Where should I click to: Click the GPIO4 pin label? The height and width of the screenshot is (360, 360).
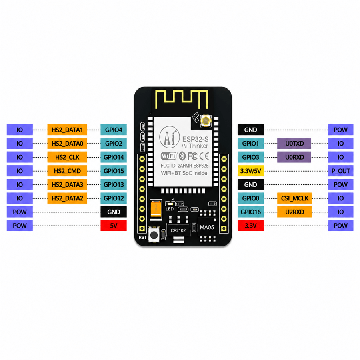(114, 130)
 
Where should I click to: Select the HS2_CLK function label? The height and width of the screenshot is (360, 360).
(67, 157)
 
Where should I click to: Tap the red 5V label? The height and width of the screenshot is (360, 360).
(114, 226)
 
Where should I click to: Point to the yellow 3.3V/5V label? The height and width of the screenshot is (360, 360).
(250, 171)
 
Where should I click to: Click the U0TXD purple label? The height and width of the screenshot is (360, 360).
(294, 144)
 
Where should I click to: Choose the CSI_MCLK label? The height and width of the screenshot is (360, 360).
(294, 198)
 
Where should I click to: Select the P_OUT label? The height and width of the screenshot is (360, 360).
(340, 171)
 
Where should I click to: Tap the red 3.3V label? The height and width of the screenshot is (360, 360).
(250, 226)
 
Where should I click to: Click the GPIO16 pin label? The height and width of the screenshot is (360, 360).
(250, 212)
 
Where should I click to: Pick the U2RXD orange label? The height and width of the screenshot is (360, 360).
(294, 212)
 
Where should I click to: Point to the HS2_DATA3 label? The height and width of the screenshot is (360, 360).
(67, 184)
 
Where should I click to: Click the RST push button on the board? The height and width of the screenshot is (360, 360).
(154, 234)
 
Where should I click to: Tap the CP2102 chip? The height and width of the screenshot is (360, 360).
(178, 230)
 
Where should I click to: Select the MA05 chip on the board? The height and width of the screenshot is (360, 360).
(207, 227)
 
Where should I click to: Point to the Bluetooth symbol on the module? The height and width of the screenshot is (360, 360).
(182, 156)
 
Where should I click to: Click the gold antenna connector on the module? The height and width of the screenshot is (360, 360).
(206, 120)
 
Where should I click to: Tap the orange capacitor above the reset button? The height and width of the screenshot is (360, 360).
(156, 209)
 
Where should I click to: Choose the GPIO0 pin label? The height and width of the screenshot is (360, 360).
(250, 198)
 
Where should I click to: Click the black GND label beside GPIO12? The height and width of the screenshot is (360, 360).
(114, 212)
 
